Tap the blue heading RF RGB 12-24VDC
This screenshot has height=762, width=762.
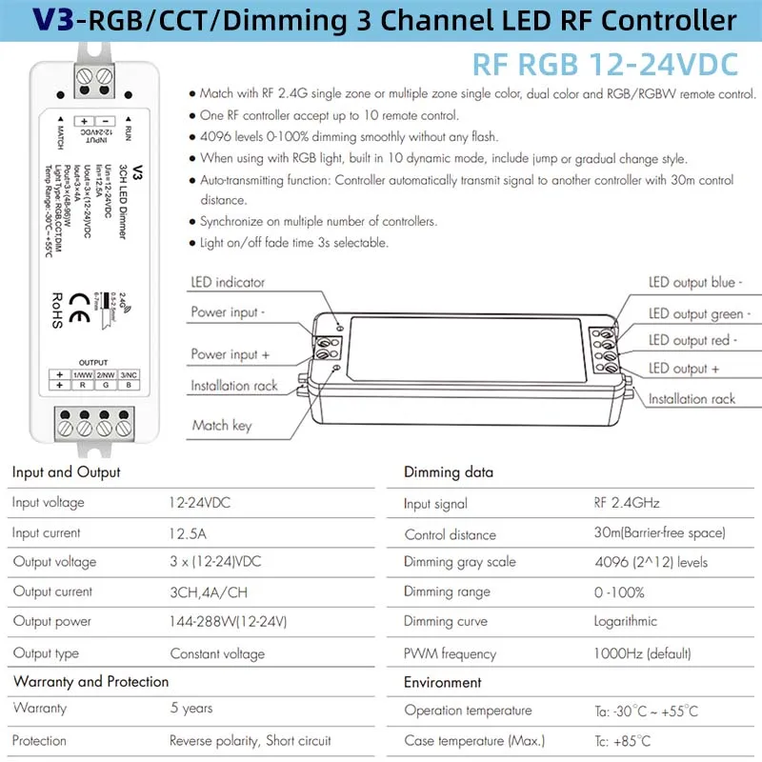click(605, 64)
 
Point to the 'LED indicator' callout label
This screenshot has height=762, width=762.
click(228, 282)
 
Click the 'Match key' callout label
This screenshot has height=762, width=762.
click(221, 425)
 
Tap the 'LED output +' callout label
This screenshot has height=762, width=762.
click(684, 369)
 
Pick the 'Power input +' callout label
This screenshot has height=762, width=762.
click(231, 353)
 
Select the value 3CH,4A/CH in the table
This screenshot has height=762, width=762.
click(209, 592)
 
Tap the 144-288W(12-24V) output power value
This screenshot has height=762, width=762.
click(229, 622)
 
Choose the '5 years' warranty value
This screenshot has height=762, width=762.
click(191, 708)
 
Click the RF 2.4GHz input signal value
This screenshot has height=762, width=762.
click(627, 503)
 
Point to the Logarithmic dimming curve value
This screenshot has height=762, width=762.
click(626, 621)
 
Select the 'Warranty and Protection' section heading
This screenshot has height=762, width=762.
click(90, 681)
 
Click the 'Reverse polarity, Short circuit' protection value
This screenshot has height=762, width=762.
click(251, 740)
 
